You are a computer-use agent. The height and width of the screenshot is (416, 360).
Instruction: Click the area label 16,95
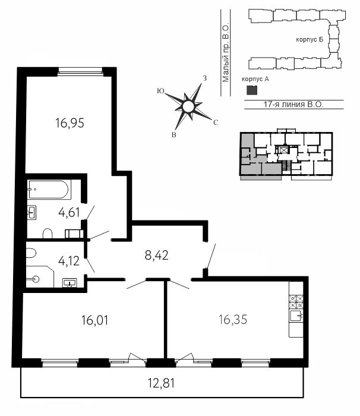click(70, 123)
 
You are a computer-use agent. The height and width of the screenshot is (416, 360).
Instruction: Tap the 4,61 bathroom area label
click(69, 213)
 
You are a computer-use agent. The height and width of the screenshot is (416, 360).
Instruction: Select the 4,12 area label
click(69, 261)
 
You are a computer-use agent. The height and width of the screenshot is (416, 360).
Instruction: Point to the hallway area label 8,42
click(156, 256)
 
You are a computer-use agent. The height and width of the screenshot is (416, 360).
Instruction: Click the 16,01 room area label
click(94, 320)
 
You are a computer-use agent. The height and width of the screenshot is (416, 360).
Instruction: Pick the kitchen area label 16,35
click(233, 320)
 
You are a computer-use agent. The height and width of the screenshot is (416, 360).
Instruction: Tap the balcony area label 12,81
click(161, 383)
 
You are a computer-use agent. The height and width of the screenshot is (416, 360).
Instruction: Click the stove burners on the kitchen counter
click(296, 302)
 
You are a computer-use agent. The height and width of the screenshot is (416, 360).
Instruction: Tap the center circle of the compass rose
click(188, 106)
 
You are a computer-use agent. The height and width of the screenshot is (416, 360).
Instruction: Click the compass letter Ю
click(160, 91)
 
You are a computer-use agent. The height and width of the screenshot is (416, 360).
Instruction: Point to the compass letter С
click(216, 122)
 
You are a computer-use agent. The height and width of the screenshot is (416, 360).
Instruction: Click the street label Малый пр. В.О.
click(226, 53)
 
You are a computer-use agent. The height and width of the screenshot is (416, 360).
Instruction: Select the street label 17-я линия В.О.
click(293, 105)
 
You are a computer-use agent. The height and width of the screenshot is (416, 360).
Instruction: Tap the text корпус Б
click(310, 40)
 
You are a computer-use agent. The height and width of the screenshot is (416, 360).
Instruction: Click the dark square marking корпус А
click(252, 90)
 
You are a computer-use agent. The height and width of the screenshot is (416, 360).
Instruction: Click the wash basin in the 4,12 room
click(70, 283)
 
